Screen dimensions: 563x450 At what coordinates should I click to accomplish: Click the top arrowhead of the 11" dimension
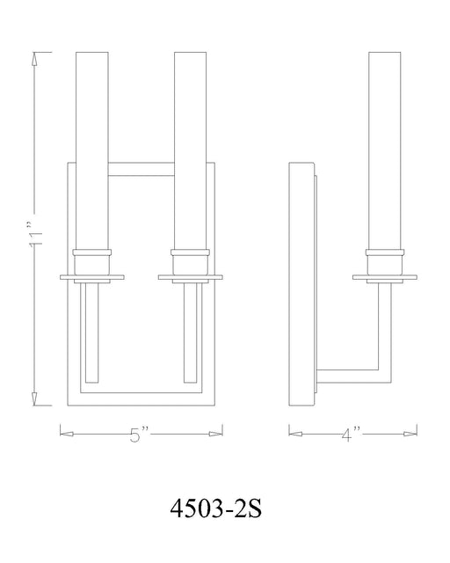tap(36, 59)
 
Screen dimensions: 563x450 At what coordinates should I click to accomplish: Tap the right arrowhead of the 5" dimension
tap(214, 432)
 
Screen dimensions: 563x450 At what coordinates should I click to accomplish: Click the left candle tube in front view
tap(92, 150)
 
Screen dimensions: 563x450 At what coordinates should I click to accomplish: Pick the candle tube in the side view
tap(383, 150)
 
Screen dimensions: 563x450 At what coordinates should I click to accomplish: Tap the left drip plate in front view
tap(92, 277)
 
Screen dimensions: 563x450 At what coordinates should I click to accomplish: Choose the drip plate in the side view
tap(383, 277)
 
